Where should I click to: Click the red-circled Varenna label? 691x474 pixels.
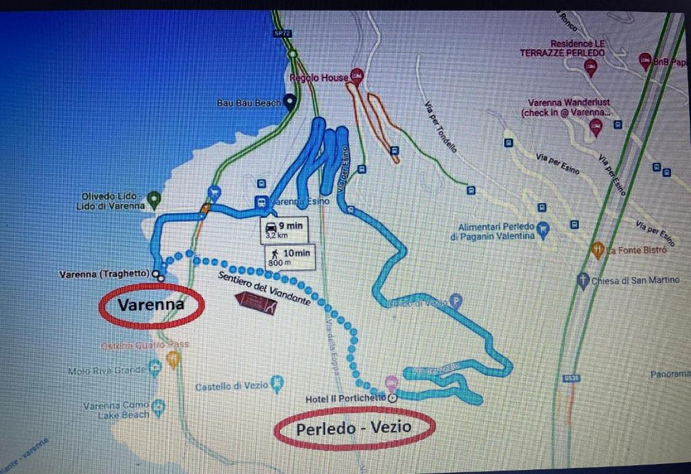[151, 305]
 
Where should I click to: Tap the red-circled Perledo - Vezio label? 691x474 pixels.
[354, 428]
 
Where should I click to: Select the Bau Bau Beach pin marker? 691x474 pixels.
[290, 103]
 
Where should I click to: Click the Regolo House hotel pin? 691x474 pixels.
[357, 76]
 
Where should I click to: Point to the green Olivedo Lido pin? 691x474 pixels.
[153, 199]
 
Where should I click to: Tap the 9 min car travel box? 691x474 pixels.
[283, 230]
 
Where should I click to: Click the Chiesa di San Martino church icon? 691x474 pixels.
[583, 280]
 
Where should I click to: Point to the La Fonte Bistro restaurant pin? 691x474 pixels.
[597, 250]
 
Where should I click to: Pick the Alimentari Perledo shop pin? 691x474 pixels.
[543, 230]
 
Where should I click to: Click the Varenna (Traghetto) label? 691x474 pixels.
[104, 274]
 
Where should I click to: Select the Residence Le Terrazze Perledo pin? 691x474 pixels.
[591, 66]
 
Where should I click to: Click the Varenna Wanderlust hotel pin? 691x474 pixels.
[595, 126]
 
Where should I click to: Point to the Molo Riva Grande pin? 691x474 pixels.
[155, 369]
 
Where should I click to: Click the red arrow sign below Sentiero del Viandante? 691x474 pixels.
[256, 304]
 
